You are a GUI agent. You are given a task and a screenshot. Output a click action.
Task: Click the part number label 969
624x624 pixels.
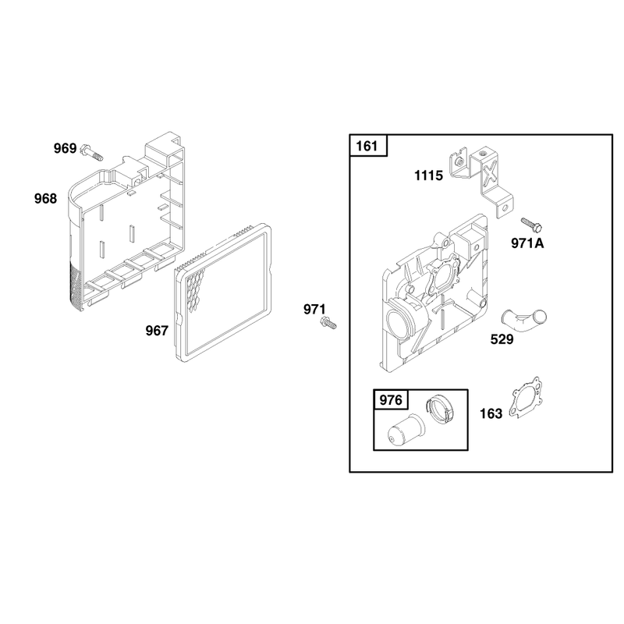click(65, 148)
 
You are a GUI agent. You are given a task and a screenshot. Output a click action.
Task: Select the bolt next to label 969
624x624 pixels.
click(91, 152)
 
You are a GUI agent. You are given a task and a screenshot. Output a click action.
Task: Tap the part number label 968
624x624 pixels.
click(45, 199)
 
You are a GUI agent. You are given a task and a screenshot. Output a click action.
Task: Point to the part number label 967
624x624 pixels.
click(157, 331)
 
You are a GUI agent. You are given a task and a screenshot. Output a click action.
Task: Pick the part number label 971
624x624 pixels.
click(314, 309)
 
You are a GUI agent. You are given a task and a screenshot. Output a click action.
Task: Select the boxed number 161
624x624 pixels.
click(367, 146)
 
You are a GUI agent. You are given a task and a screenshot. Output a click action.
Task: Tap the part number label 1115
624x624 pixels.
click(428, 175)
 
